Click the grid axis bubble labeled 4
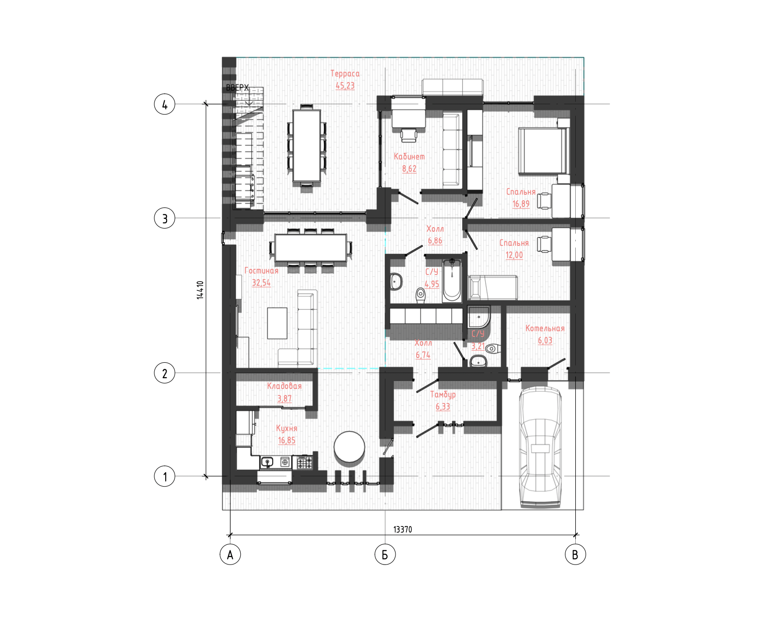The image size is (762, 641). (164, 104)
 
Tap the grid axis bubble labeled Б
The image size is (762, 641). (385, 554)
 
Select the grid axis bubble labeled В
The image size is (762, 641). (575, 554)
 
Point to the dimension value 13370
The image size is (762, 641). (403, 529)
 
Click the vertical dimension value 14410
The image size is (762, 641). (200, 290)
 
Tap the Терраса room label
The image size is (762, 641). (345, 74)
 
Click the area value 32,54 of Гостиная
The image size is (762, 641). (261, 283)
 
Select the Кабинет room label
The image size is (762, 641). (409, 157)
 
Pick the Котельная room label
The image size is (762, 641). (545, 328)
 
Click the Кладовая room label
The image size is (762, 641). (284, 386)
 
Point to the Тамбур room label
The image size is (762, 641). (443, 395)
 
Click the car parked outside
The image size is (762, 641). (540, 447)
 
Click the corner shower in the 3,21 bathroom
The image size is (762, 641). (479, 317)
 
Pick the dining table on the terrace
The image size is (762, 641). (307, 145)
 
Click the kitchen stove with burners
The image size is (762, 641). (304, 463)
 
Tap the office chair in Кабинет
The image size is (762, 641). (409, 135)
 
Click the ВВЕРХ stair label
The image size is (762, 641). (237, 88)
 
